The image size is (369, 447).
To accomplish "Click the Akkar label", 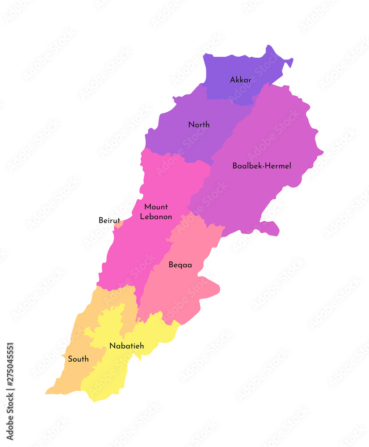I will click(x=240, y=80).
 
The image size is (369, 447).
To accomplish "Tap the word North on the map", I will click(x=199, y=125).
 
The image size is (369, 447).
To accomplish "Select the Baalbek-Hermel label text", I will click(x=261, y=166).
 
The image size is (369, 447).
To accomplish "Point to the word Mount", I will click(x=156, y=207).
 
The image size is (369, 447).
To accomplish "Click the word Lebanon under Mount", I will click(x=156, y=217).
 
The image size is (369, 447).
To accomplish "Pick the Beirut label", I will click(x=109, y=220).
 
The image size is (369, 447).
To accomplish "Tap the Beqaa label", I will click(x=180, y=265).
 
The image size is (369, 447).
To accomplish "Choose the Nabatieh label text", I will click(x=126, y=346).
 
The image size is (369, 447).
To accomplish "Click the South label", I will click(x=78, y=359).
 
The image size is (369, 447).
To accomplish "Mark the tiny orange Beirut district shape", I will click(x=118, y=224).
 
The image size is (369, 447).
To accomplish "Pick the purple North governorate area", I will click(x=179, y=139).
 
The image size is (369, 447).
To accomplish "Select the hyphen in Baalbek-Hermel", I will click(x=264, y=166).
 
